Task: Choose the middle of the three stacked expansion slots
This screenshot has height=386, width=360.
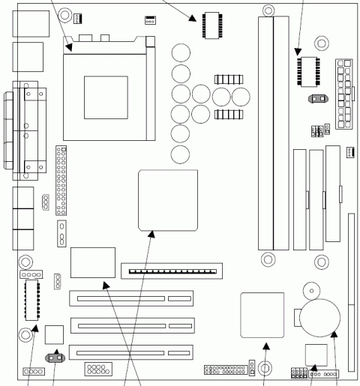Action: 131,326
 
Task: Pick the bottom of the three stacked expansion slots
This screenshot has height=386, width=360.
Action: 131,351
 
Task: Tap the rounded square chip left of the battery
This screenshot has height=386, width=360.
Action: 262,315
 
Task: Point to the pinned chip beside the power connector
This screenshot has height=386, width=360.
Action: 308,67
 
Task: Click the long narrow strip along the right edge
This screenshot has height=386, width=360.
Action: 352,262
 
